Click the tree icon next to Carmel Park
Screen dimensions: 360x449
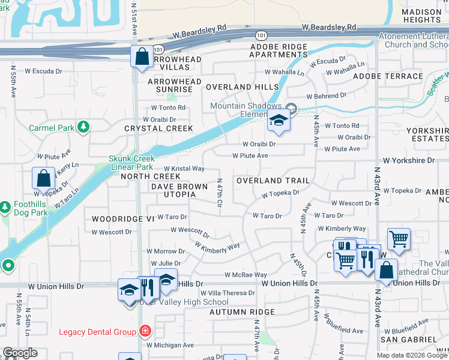pos(85,127)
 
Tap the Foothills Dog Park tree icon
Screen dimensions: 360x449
pos(5,208)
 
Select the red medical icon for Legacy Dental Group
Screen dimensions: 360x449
pos(144,331)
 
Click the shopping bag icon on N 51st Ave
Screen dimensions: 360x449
pos(140,57)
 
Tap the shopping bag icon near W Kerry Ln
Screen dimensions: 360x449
pos(44,178)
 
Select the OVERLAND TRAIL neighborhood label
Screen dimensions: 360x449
pos(273,181)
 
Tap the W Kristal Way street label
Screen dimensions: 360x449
pos(184,169)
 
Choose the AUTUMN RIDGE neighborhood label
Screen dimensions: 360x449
pos(242,312)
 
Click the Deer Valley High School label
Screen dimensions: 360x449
pos(184,302)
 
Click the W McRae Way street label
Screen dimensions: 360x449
pos(241,275)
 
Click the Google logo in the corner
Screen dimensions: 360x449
pos(20,353)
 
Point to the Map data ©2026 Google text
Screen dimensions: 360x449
pos(412,355)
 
